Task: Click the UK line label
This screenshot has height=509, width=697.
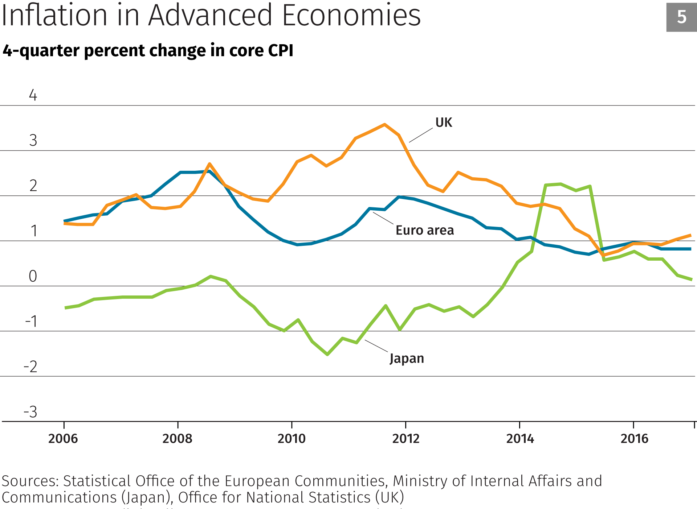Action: (444, 123)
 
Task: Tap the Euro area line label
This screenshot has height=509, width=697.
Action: (425, 230)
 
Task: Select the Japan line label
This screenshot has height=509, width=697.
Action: (407, 358)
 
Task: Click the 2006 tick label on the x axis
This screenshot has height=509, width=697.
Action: (63, 439)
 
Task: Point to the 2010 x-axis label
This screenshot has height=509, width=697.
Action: (292, 439)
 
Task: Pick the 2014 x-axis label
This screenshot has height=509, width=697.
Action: (520, 439)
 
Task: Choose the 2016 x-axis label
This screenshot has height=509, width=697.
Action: (634, 439)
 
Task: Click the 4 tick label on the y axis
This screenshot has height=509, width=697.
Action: (33, 95)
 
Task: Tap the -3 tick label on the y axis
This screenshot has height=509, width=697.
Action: (30, 412)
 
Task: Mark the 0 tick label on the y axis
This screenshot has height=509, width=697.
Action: (33, 276)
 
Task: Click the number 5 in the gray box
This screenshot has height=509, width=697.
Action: (681, 17)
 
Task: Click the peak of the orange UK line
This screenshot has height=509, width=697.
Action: (385, 125)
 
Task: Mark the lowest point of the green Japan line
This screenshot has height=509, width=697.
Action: (327, 354)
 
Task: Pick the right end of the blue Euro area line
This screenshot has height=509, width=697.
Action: (690, 249)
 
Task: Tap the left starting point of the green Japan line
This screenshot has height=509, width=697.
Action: (65, 308)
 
